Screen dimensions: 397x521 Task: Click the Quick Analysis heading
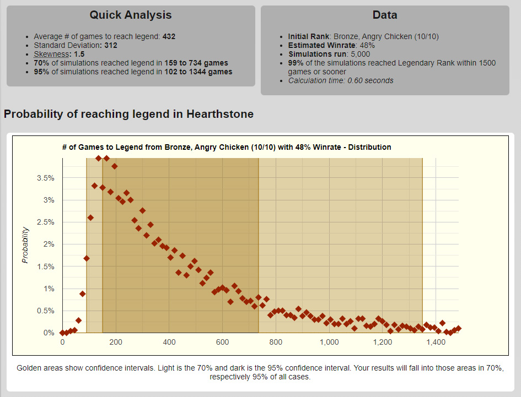click(131, 15)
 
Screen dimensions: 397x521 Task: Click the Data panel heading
click(384, 15)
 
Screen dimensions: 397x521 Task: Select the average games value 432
click(169, 36)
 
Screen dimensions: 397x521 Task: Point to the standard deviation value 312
click(110, 45)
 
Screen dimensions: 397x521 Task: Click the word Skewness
click(50, 54)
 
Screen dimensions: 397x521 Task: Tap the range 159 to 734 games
click(196, 63)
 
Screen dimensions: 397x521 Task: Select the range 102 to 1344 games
click(198, 72)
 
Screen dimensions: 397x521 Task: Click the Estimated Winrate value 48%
click(367, 45)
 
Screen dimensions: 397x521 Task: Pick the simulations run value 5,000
click(359, 54)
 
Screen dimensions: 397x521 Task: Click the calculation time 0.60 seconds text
click(341, 80)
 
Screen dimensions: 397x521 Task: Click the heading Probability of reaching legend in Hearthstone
click(128, 115)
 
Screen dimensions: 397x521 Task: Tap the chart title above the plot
click(227, 147)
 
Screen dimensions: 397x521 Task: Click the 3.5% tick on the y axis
click(45, 178)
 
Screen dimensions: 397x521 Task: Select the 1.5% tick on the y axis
click(45, 267)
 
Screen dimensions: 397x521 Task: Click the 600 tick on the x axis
click(222, 342)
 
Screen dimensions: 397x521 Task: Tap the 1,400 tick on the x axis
click(436, 342)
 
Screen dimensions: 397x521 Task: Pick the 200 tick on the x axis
click(116, 342)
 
